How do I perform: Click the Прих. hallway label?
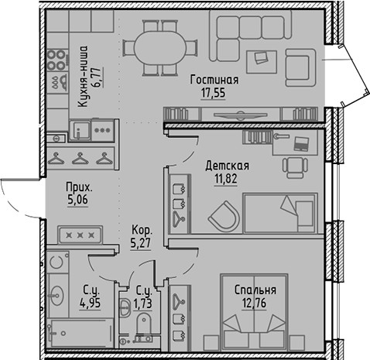pos(80,187)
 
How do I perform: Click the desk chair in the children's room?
pos(293,165)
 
